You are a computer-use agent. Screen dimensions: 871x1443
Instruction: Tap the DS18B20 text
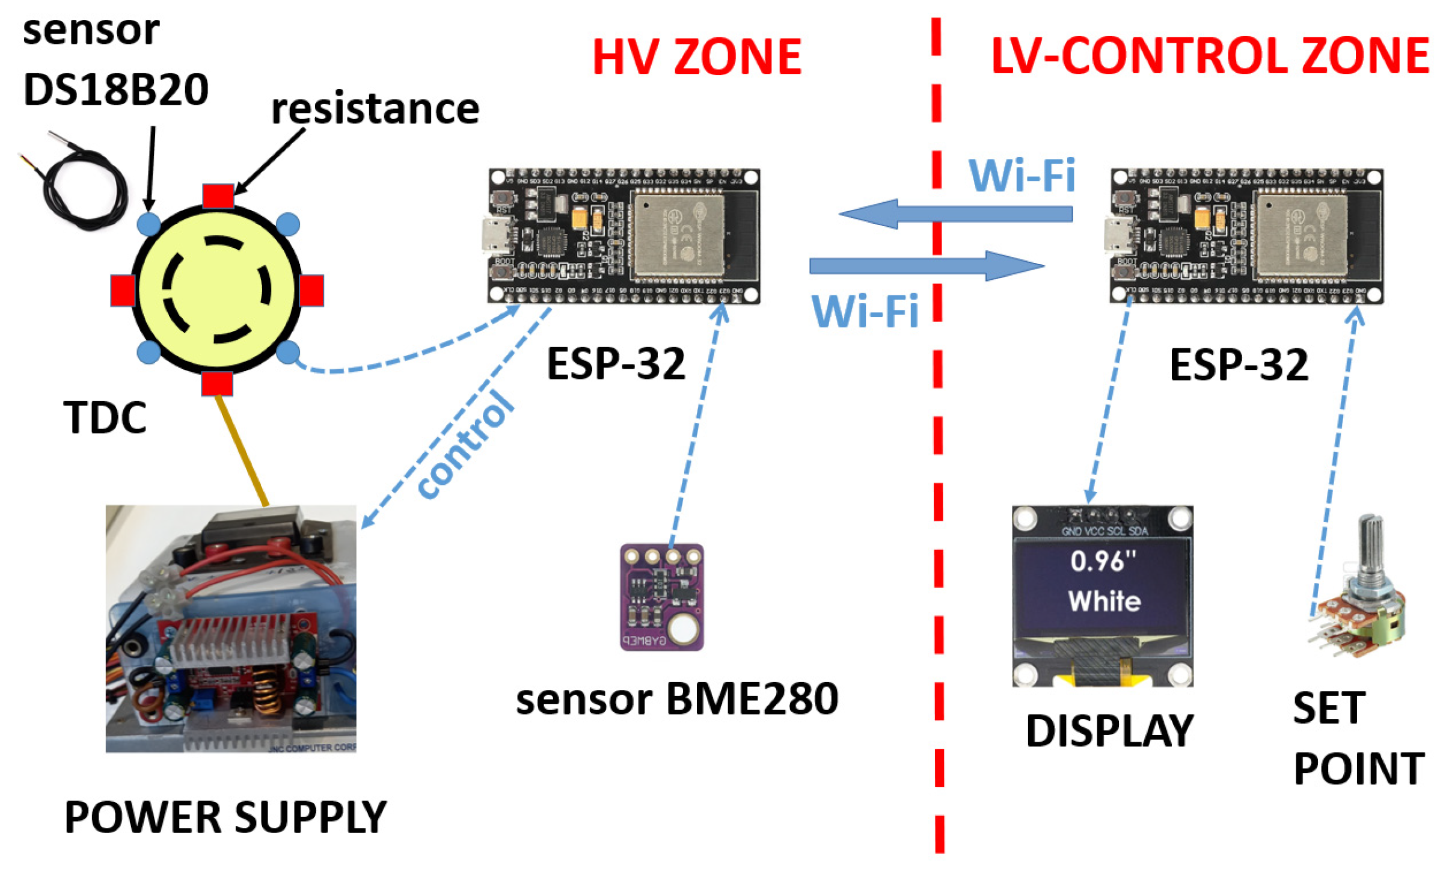[x=115, y=90]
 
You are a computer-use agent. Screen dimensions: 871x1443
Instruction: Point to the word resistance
[x=375, y=109]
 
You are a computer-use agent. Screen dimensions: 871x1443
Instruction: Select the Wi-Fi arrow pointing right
[x=926, y=266]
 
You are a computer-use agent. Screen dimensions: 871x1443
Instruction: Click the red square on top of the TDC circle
[x=218, y=196]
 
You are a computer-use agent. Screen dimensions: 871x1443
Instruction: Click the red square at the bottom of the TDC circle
[x=216, y=384]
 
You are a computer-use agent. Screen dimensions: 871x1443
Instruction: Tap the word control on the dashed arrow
[x=466, y=445]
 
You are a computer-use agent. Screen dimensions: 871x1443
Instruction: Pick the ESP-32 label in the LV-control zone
[x=1239, y=365]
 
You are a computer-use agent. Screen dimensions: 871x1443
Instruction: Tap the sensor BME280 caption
[x=677, y=699]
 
